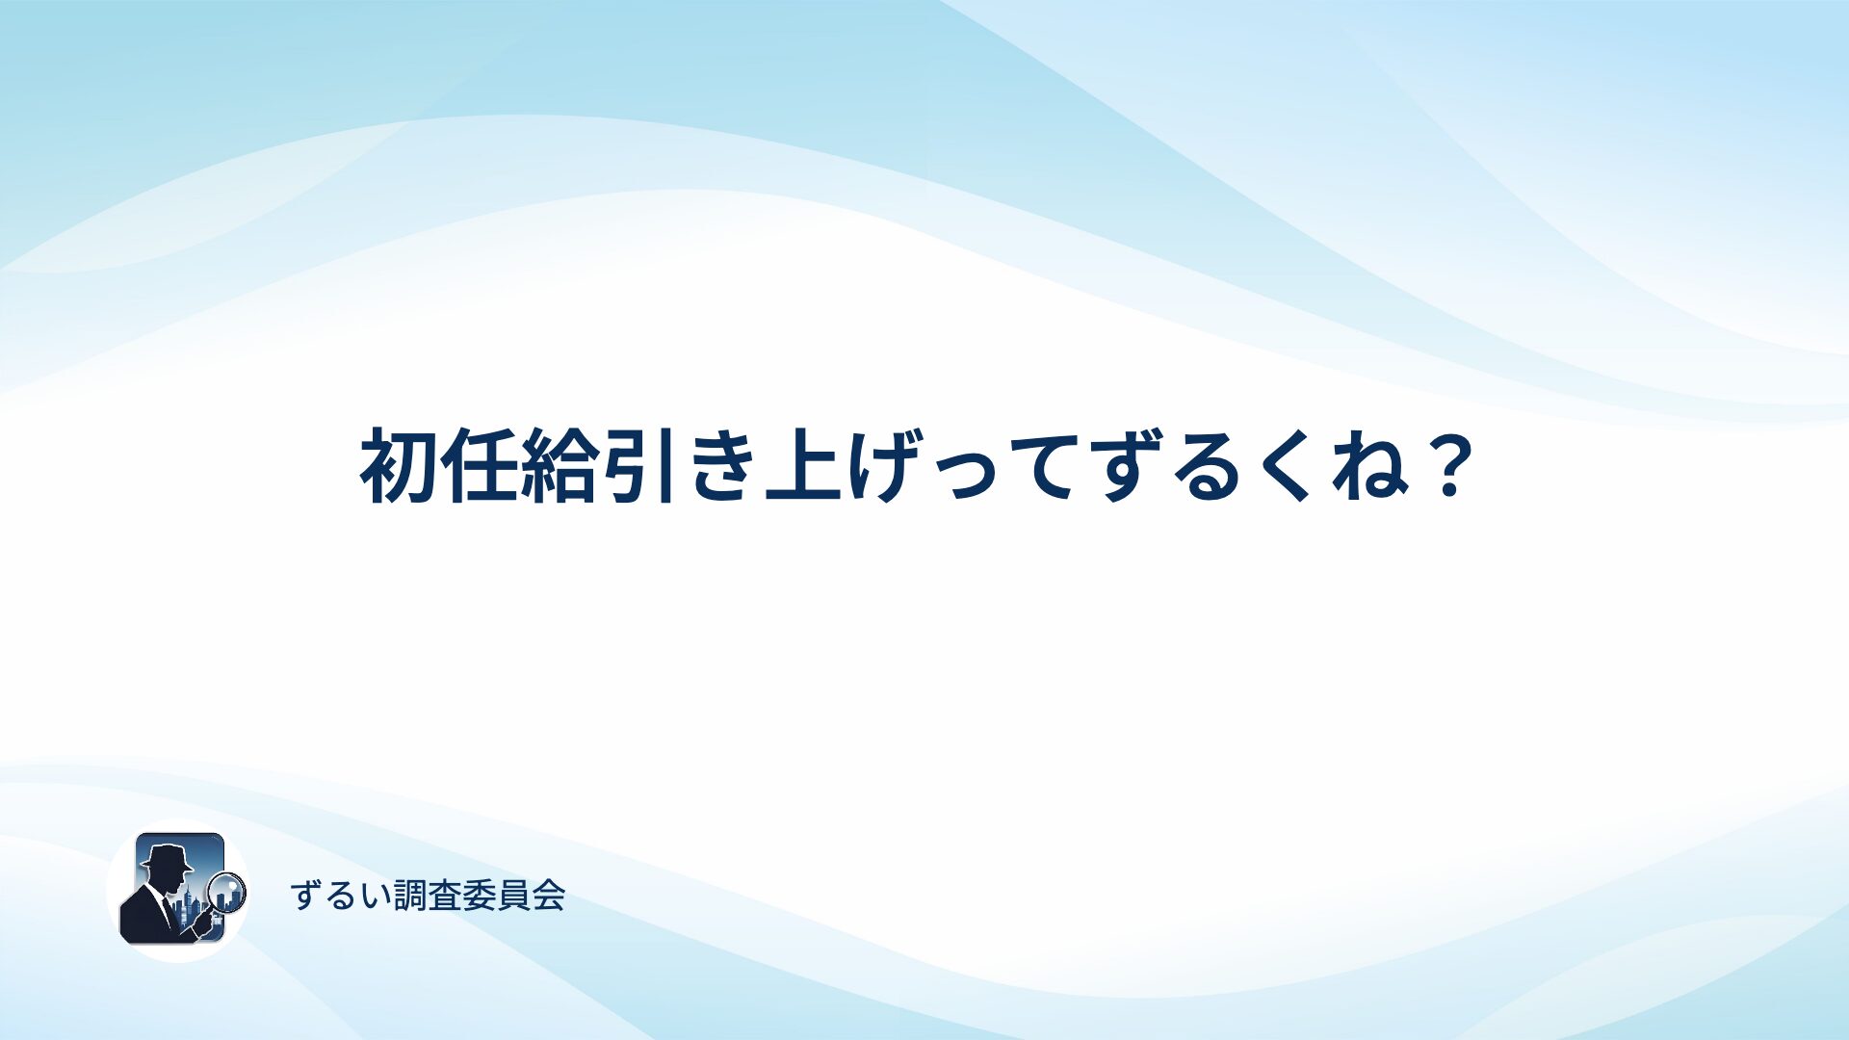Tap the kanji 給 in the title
click(559, 466)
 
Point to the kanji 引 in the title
click(638, 466)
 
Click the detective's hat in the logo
click(167, 857)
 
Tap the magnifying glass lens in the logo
click(227, 892)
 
